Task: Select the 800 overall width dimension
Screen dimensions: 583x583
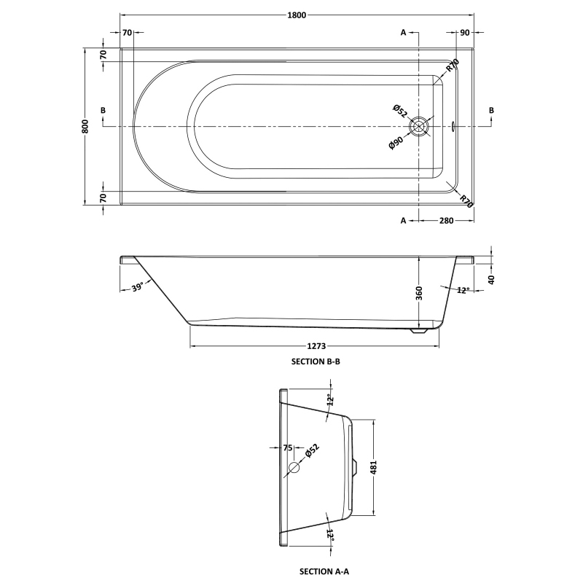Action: pyautogui.click(x=86, y=126)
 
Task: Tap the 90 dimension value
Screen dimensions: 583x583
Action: pyautogui.click(x=465, y=33)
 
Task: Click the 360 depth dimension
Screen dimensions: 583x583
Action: pyautogui.click(x=419, y=293)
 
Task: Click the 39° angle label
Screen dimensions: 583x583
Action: pyautogui.click(x=138, y=288)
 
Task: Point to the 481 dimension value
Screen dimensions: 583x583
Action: pyautogui.click(x=374, y=466)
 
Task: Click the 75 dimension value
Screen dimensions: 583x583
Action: pyautogui.click(x=287, y=448)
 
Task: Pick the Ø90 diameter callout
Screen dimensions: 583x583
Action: pyautogui.click(x=396, y=143)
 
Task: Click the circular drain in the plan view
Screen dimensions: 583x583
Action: pyautogui.click(x=419, y=127)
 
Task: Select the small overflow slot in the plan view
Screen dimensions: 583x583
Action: pyautogui.click(x=454, y=127)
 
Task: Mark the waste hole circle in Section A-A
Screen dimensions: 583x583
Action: pyautogui.click(x=294, y=467)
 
